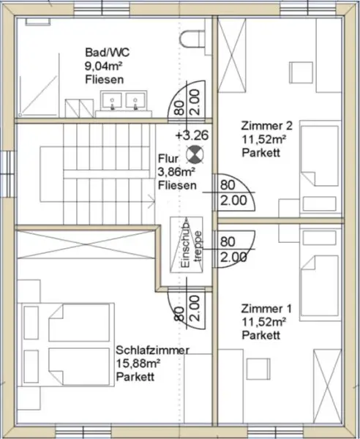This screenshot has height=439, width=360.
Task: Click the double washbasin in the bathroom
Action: click(x=125, y=100)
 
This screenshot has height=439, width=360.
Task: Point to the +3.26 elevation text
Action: click(x=191, y=135)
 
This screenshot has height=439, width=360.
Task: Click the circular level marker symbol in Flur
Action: click(x=195, y=154)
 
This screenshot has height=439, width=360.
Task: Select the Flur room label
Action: click(x=168, y=159)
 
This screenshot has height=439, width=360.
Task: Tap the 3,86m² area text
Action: click(x=176, y=173)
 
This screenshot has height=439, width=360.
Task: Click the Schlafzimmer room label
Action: click(x=152, y=350)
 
